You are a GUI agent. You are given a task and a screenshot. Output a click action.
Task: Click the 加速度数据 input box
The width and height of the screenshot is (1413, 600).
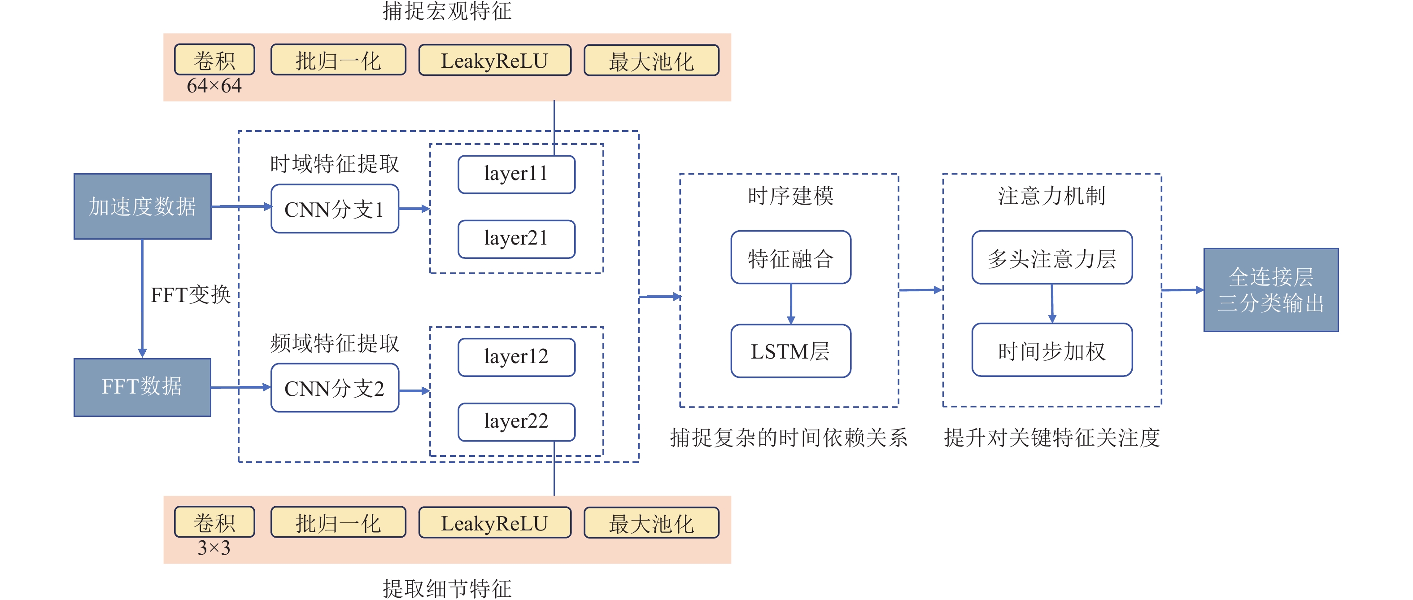[x=142, y=206]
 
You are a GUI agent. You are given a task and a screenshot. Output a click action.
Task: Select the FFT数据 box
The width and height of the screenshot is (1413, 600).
[x=142, y=387]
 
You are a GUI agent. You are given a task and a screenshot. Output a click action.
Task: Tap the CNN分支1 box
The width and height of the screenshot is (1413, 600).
[x=335, y=209]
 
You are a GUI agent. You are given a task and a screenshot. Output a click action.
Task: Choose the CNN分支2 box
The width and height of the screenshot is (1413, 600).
[x=335, y=388]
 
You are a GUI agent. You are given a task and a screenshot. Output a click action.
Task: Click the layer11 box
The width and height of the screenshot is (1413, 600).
[x=516, y=175]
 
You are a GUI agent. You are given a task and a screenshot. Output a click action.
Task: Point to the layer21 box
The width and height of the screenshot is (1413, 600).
[x=516, y=239]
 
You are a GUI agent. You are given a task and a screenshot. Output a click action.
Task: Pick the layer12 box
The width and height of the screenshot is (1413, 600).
[x=516, y=357]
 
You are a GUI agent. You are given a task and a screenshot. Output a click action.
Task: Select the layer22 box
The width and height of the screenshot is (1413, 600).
[x=516, y=421]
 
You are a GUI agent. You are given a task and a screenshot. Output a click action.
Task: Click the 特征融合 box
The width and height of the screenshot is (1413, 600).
[x=790, y=258]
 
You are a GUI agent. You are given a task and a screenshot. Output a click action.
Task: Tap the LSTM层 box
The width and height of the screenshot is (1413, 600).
[x=790, y=351]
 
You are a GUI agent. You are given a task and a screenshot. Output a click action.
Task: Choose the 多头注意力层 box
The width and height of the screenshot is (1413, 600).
[x=1051, y=258]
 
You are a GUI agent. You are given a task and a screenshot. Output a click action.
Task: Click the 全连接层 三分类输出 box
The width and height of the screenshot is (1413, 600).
[x=1270, y=290]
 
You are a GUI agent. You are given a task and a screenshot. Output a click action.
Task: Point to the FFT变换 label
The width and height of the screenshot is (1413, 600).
[x=190, y=295]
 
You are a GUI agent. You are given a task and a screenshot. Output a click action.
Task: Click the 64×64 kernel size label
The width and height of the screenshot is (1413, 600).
[x=214, y=86]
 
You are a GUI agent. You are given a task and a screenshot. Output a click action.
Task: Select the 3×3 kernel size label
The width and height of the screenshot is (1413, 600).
[x=214, y=548]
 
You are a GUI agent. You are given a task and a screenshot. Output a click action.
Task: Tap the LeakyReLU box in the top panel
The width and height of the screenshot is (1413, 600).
[x=495, y=61]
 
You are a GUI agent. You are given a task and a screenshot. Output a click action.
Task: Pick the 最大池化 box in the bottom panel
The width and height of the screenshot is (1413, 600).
[x=651, y=523]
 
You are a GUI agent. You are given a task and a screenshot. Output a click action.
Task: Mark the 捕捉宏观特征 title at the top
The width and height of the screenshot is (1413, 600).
[x=447, y=11]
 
